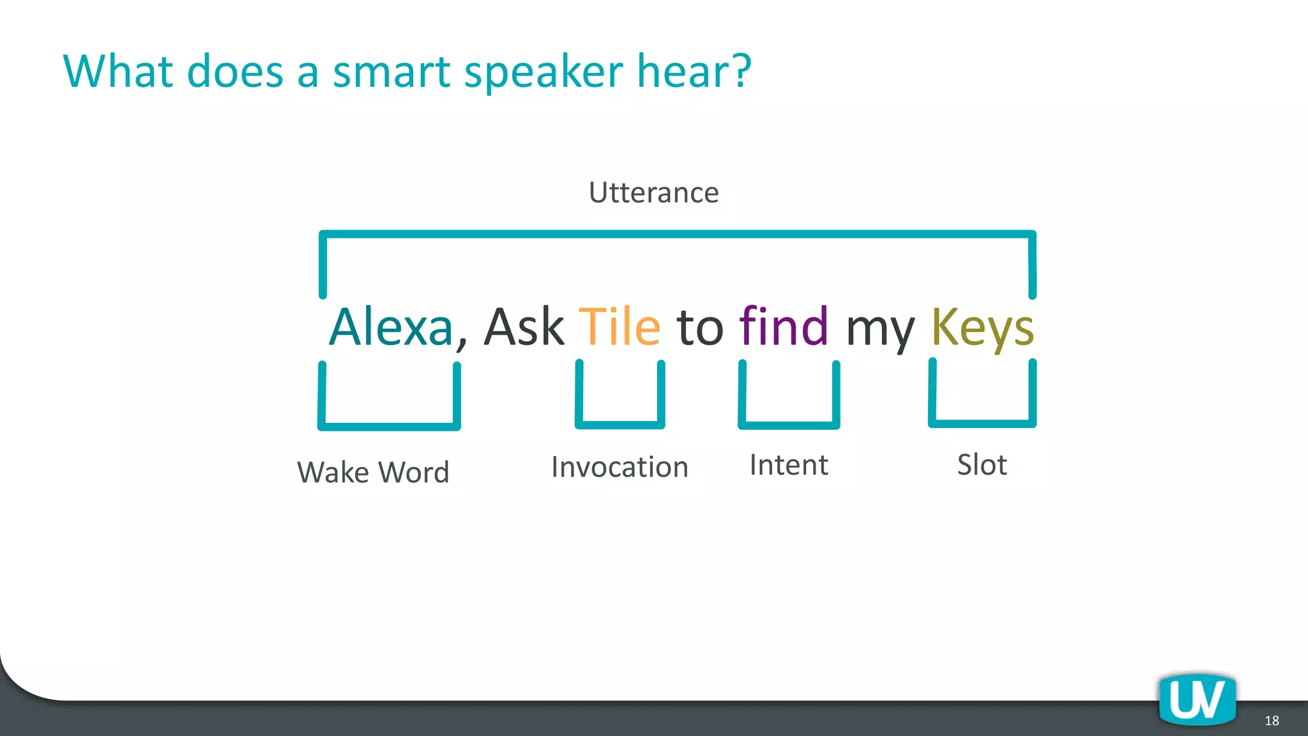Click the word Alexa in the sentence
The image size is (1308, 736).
tap(391, 326)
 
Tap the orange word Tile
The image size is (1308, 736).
tap(619, 326)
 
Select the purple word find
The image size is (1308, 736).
tap(784, 326)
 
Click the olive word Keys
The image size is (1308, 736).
tap(982, 328)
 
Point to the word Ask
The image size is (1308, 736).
tap(524, 326)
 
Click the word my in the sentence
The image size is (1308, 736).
tap(880, 331)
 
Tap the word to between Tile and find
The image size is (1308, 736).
tap(700, 328)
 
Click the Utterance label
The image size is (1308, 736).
tap(653, 192)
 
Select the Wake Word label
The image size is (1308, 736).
tap(374, 472)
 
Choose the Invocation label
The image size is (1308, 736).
tap(620, 466)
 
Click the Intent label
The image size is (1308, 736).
tap(789, 464)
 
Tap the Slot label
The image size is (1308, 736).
tap(982, 464)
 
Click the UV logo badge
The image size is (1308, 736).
tap(1198, 700)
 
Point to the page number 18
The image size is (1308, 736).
tap(1272, 721)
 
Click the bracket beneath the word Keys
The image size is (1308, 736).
tap(982, 422)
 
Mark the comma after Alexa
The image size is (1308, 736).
tap(462, 343)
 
